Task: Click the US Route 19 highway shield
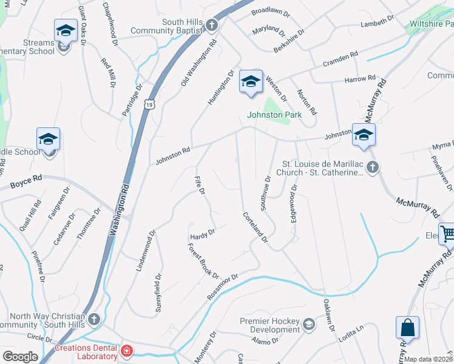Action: pyautogui.click(x=149, y=105)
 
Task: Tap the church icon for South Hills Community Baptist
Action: pyautogui.click(x=211, y=25)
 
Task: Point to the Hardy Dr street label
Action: pyautogui.click(x=203, y=233)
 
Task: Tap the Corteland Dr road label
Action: pyautogui.click(x=256, y=227)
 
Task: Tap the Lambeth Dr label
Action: pyautogui.click(x=378, y=23)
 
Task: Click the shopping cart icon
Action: pyautogui.click(x=447, y=233)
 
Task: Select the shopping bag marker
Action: pyautogui.click(x=408, y=328)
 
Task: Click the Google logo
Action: pyautogui.click(x=20, y=357)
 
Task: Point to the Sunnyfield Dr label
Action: pyautogui.click(x=158, y=293)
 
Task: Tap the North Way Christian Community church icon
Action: pyautogui.click(x=93, y=318)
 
